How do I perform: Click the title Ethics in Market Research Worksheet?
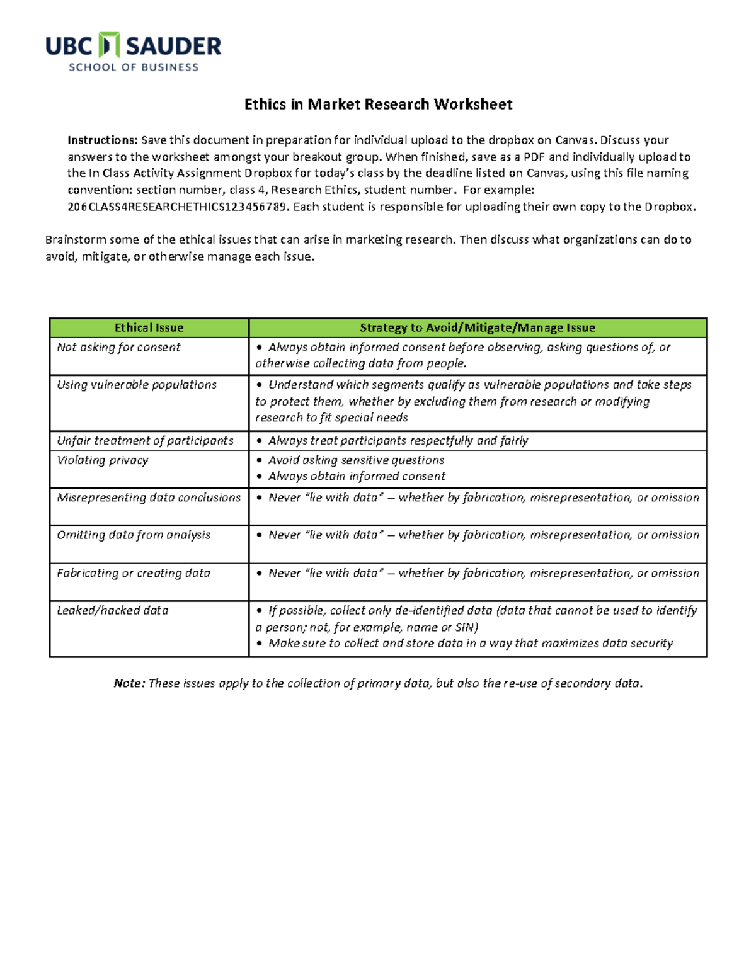378,105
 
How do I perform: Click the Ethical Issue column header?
149,327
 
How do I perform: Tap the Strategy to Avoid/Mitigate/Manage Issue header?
477,327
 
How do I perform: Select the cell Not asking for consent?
118,348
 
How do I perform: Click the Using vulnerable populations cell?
137,385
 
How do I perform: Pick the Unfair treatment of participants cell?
145,441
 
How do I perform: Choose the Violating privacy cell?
103,460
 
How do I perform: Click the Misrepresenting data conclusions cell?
149,498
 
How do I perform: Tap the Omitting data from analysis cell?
134,535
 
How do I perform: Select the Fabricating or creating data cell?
134,573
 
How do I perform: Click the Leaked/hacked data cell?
113,611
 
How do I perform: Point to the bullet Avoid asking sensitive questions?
356,460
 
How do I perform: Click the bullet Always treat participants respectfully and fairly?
398,441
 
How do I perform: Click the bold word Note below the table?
129,684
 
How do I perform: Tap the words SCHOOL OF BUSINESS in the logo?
134,67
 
